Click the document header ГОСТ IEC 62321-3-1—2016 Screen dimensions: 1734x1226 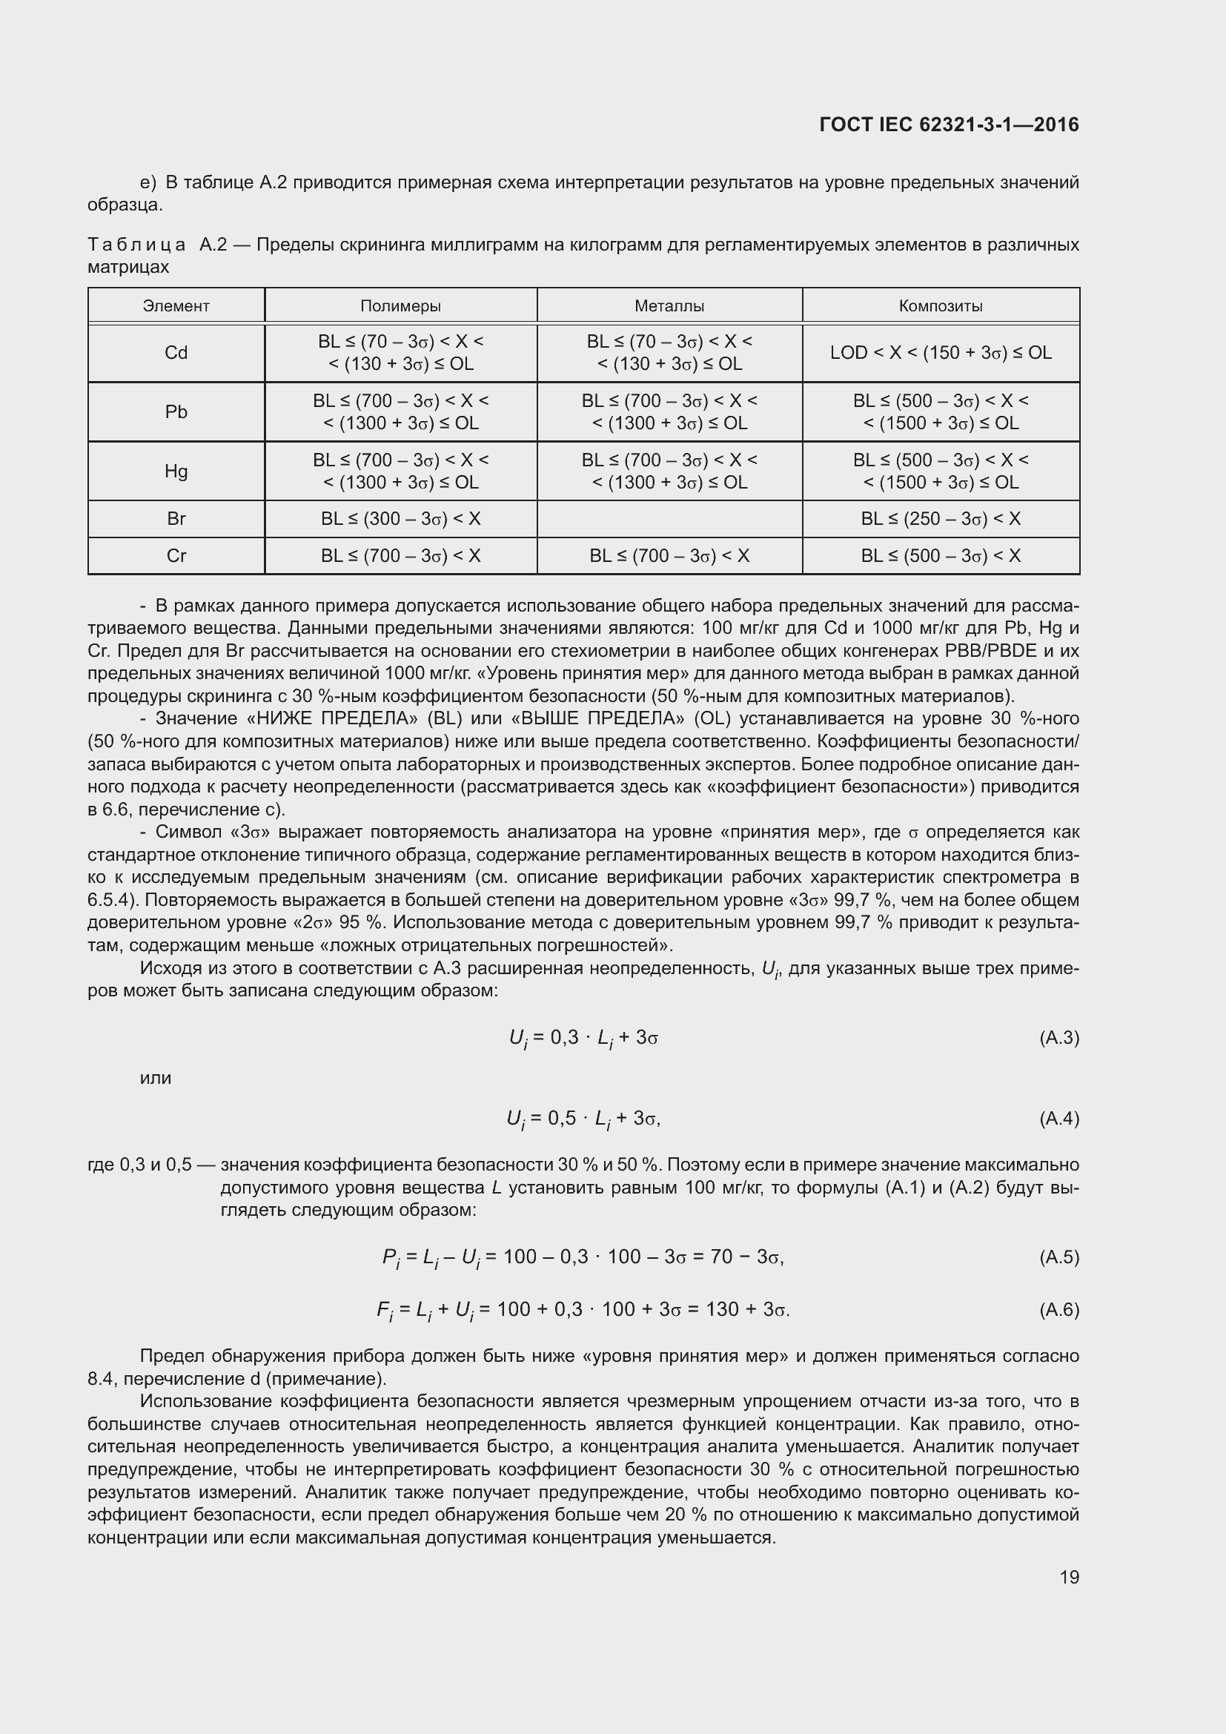click(x=948, y=125)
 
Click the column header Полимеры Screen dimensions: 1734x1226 click(x=400, y=306)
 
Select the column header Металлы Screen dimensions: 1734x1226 click(x=669, y=306)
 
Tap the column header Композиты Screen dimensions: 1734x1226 click(x=940, y=306)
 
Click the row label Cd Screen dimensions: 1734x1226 click(x=176, y=353)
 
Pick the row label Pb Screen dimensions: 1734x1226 click(x=176, y=411)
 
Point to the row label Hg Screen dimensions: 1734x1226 click(x=176, y=471)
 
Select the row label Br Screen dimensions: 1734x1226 click(x=176, y=519)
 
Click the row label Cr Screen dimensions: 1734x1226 click(x=176, y=556)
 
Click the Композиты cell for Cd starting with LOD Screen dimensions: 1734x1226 click(x=940, y=353)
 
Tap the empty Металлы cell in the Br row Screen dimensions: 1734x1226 click(x=669, y=519)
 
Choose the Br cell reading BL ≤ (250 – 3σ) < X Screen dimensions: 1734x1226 click(x=940, y=519)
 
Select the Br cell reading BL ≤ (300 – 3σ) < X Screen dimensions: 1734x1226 click(x=400, y=519)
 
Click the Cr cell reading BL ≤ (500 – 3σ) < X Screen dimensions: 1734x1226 click(x=940, y=556)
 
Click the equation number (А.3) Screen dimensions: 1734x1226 click(x=1058, y=1038)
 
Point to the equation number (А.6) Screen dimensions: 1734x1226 click(x=1058, y=1309)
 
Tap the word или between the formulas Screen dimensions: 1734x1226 click(x=156, y=1078)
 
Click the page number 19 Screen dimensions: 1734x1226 click(x=1069, y=1577)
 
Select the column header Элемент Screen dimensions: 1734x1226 click(x=176, y=306)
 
